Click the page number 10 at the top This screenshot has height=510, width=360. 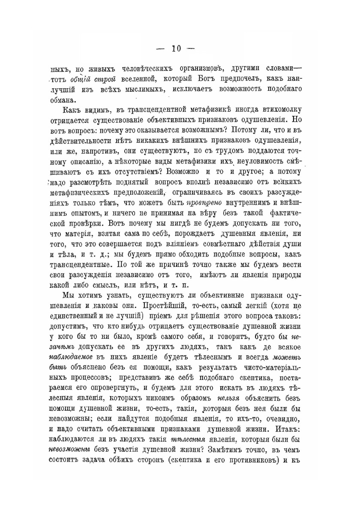click(x=176, y=49)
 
